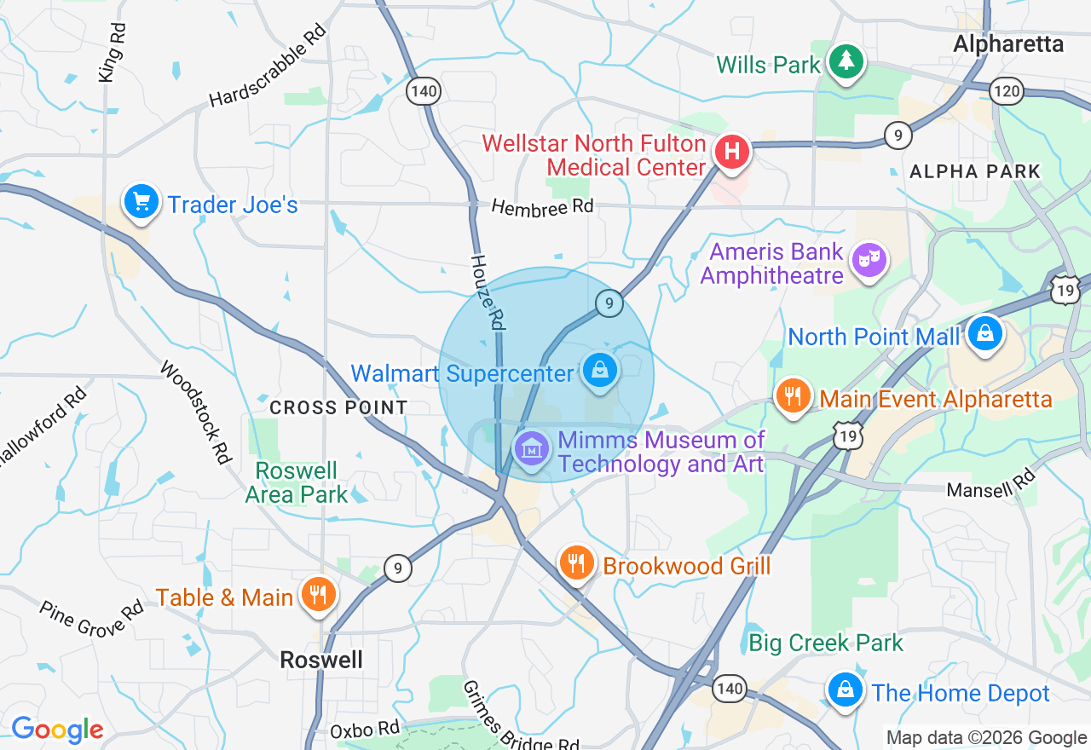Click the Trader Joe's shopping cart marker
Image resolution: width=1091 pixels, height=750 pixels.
coord(141,202)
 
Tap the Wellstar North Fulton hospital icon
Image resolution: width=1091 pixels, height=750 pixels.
coord(731,153)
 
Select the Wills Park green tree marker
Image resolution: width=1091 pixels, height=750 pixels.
coord(846,61)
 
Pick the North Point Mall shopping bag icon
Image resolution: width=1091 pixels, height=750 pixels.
coord(985,333)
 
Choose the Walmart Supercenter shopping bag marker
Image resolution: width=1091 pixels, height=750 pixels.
coord(600,370)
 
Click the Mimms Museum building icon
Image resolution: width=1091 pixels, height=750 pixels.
coord(532,447)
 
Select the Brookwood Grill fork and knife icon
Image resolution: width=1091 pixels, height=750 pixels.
coord(577,562)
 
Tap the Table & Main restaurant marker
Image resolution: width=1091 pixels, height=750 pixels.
coord(320,594)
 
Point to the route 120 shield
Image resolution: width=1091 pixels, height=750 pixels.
coord(1007,90)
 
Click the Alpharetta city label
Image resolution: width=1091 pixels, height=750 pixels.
coord(1008,43)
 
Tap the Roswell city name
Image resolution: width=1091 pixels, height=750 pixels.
coord(321,660)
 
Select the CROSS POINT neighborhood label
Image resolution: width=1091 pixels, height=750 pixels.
coord(338,407)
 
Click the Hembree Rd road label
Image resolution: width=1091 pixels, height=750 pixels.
coord(542,207)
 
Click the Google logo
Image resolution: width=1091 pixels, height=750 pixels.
coord(57,730)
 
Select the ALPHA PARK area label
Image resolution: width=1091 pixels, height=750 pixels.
coord(975,171)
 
